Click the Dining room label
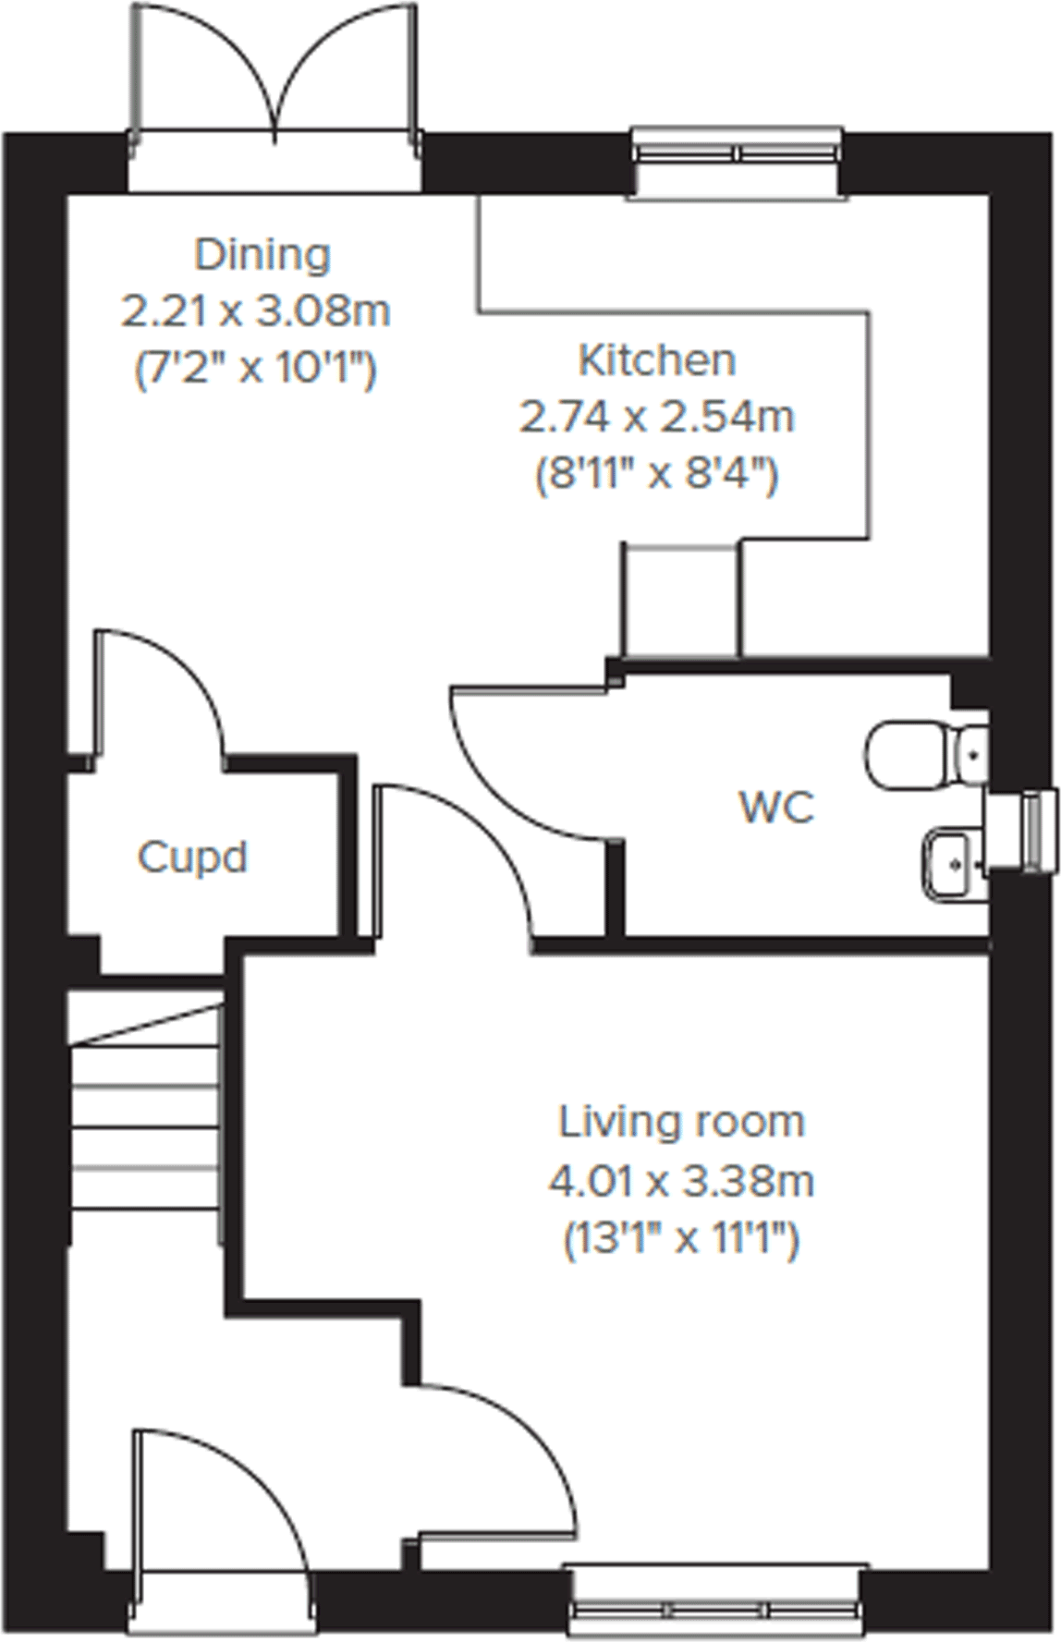click(x=262, y=254)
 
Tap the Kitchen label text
click(x=656, y=359)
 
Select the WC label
click(x=776, y=808)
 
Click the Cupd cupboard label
click(x=192, y=857)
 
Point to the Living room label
click(x=681, y=1122)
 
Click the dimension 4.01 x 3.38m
click(x=681, y=1181)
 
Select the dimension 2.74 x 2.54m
click(x=656, y=418)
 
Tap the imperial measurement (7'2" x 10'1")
click(x=256, y=371)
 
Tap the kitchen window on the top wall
click(x=738, y=152)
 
